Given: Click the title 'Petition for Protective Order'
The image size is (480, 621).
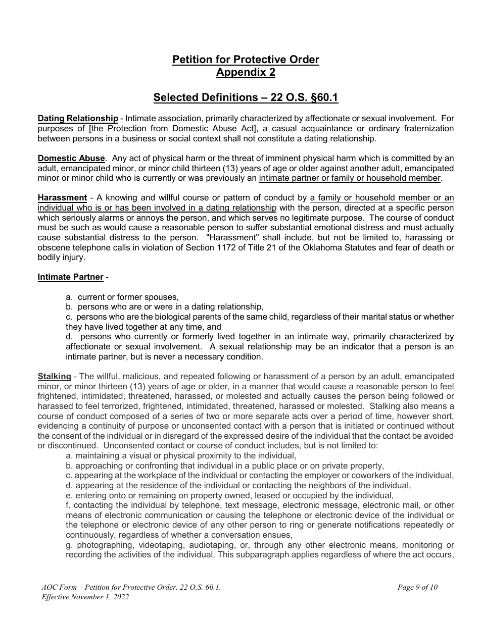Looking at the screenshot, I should point(246,60).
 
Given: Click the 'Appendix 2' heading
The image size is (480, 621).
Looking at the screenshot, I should point(246,72).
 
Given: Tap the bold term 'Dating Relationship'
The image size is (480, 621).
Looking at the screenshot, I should point(78,119).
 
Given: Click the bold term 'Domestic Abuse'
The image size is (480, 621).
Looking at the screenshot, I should point(71,158).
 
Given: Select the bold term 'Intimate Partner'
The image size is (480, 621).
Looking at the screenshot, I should point(70,277).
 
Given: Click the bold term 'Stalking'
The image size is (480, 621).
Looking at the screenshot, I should point(54,376).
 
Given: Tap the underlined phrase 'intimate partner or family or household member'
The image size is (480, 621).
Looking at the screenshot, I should point(350,178).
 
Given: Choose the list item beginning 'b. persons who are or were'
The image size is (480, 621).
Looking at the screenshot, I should point(165,306).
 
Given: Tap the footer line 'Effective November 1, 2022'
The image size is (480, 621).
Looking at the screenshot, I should point(85,597).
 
